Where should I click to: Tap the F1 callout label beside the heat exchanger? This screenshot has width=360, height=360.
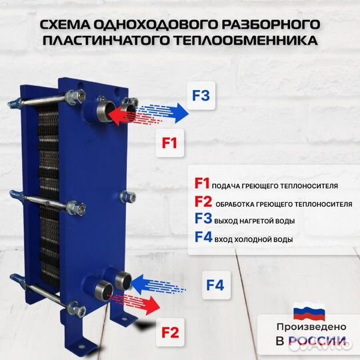pyautogui.click(x=169, y=141)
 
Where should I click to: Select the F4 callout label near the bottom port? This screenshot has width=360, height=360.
pyautogui.click(x=215, y=285)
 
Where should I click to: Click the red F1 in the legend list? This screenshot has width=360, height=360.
pyautogui.click(x=201, y=184)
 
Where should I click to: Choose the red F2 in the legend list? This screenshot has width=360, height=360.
pyautogui.click(x=202, y=202)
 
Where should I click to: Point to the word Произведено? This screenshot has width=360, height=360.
pyautogui.click(x=311, y=327)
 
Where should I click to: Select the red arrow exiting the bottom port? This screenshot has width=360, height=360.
pyautogui.click(x=141, y=306)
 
